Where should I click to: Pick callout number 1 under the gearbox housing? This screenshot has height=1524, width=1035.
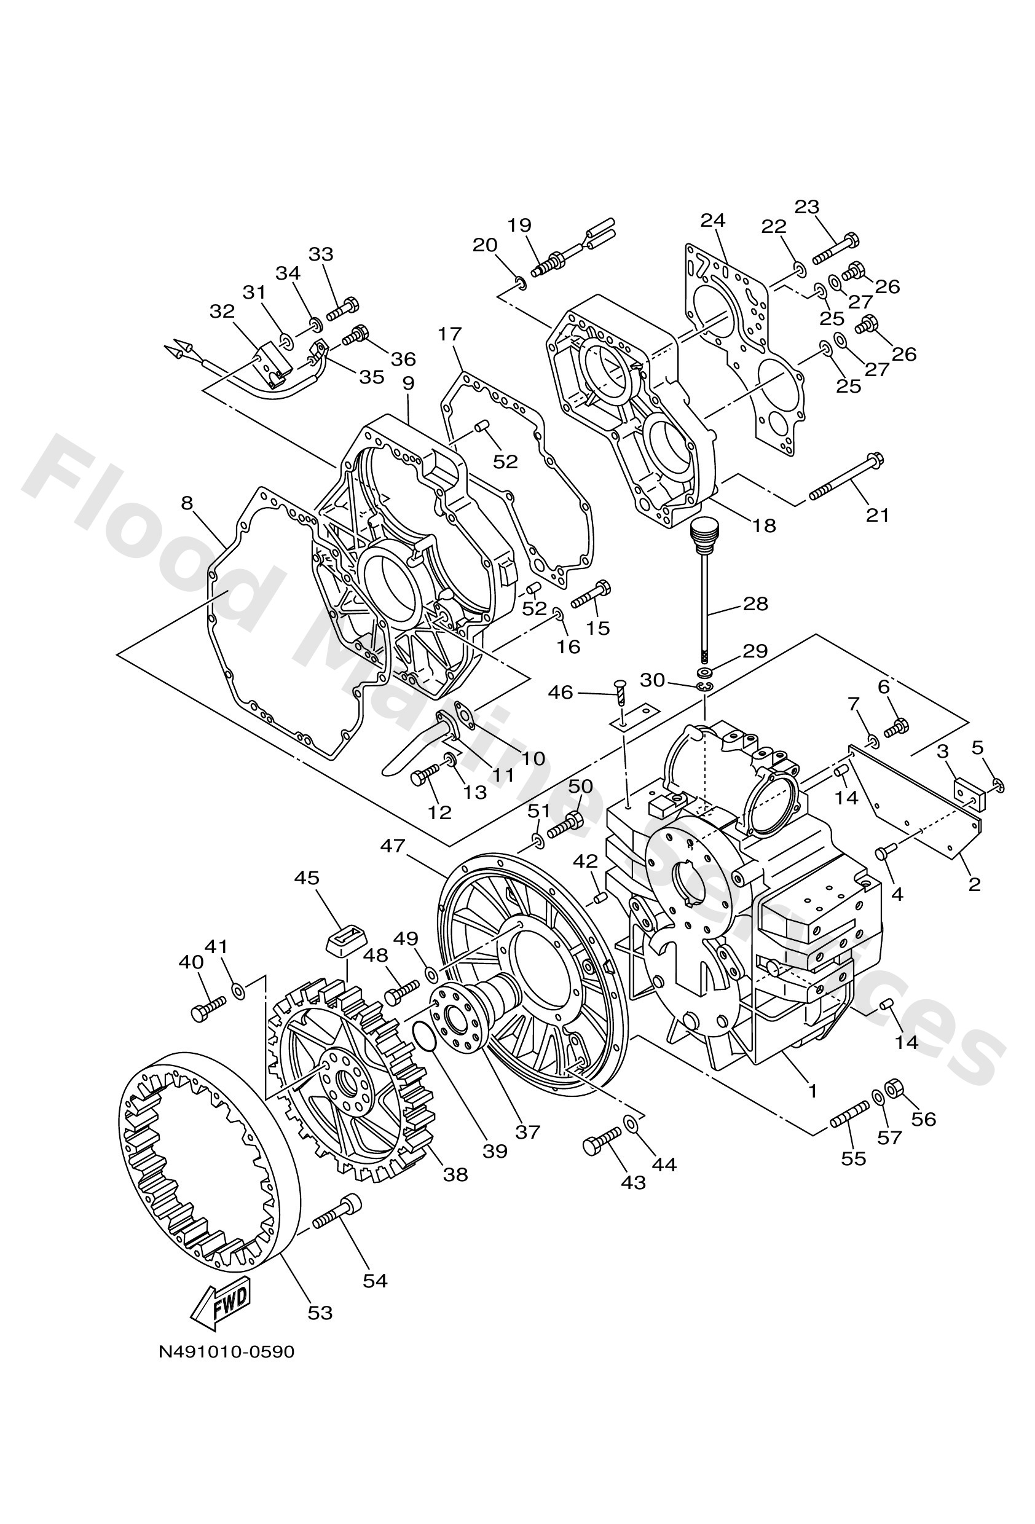813,1091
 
